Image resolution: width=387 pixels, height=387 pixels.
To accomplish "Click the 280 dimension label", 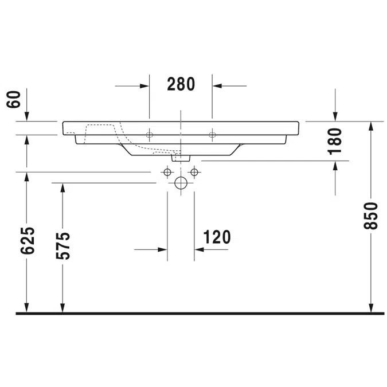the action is point(181,84).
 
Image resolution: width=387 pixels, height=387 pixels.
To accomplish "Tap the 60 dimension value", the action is point(14,99).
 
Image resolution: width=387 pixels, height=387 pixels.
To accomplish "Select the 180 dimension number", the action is point(335,142).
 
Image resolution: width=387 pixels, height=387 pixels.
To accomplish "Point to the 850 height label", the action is point(371,216).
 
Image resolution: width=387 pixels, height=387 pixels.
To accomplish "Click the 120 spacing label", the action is point(217,237).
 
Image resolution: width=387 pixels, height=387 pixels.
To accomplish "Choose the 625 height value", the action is point(28,240).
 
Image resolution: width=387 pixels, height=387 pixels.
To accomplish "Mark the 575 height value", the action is point(63,246).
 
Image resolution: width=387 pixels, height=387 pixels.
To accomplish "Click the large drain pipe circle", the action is point(181,183).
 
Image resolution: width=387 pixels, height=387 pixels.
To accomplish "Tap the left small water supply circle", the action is point(167,172).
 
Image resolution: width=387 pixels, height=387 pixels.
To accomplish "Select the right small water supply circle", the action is point(194,172).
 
